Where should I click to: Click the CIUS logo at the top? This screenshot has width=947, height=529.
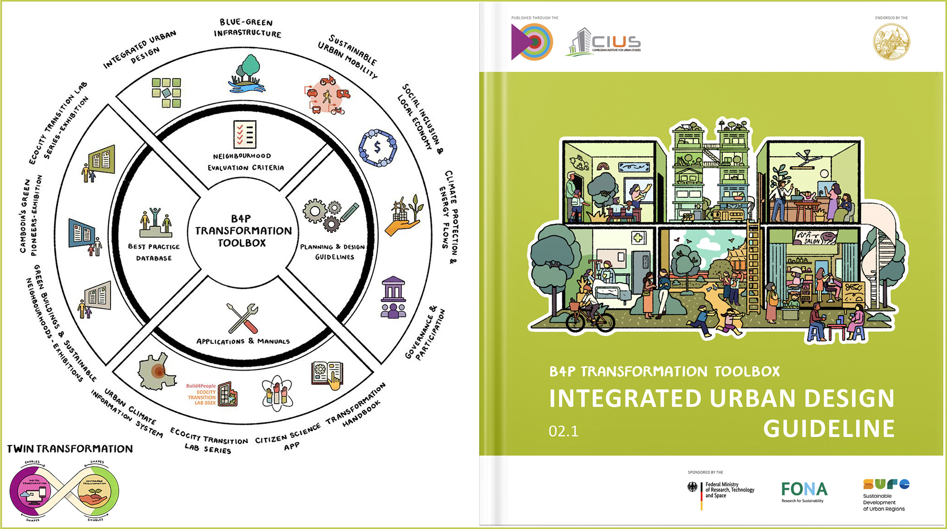pyautogui.click(x=603, y=43)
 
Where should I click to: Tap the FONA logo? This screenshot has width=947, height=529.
pyautogui.click(x=804, y=489)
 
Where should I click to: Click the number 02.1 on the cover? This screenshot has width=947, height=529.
pyautogui.click(x=563, y=431)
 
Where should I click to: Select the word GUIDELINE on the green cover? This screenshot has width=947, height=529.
pyautogui.click(x=829, y=429)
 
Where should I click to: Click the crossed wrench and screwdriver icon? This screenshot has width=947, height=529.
pyautogui.click(x=243, y=318)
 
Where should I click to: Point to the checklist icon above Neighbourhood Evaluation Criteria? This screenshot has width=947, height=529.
pyautogui.click(x=245, y=134)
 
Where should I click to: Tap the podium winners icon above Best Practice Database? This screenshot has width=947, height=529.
pyautogui.click(x=155, y=223)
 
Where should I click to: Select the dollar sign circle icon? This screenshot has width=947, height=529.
pyautogui.click(x=378, y=148)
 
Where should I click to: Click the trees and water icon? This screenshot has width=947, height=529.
pyautogui.click(x=248, y=75)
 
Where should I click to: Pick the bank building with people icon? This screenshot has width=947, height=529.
pyautogui.click(x=393, y=297)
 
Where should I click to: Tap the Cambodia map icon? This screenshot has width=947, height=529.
pyautogui.click(x=157, y=371)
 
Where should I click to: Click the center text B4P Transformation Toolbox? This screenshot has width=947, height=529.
pyautogui.click(x=243, y=230)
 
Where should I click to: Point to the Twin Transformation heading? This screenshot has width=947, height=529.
pyautogui.click(x=70, y=448)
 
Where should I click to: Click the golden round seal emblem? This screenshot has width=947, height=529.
pyautogui.click(x=891, y=42)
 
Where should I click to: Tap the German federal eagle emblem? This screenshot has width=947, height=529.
pyautogui.click(x=692, y=487)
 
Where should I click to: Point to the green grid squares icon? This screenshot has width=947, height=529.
pyautogui.click(x=166, y=93)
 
